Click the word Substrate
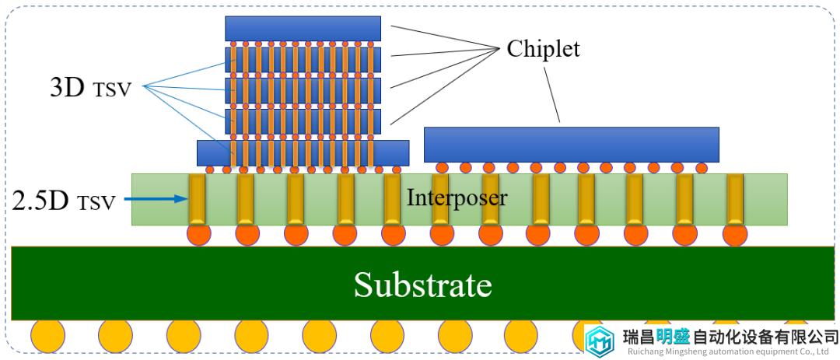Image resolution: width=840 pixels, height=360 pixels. click(x=422, y=285)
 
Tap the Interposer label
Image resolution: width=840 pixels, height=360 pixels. click(x=457, y=197)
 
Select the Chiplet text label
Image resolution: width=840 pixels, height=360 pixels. click(x=543, y=49)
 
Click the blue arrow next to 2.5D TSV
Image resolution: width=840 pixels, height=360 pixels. click(x=156, y=199)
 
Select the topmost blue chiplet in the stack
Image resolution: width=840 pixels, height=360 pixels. click(x=303, y=29)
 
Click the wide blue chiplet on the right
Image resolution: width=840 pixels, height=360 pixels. click(x=572, y=145)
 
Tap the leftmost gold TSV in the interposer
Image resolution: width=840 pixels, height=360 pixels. click(x=197, y=199)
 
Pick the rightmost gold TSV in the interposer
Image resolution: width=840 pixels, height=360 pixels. click(x=735, y=199)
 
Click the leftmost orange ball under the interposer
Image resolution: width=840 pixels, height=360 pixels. click(x=198, y=234)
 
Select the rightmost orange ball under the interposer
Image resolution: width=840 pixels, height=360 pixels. click(x=734, y=234)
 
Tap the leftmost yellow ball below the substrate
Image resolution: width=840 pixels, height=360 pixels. click(x=47, y=336)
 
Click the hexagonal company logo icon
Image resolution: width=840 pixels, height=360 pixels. click(x=600, y=341)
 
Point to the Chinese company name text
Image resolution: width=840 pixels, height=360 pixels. click(x=730, y=337)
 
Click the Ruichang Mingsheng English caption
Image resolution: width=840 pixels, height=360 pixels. click(x=730, y=352)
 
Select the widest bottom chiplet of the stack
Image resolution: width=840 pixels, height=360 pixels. click(x=303, y=152)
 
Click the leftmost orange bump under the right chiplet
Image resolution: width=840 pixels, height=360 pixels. click(x=442, y=168)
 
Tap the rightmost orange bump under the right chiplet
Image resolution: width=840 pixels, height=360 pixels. click(x=702, y=168)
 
